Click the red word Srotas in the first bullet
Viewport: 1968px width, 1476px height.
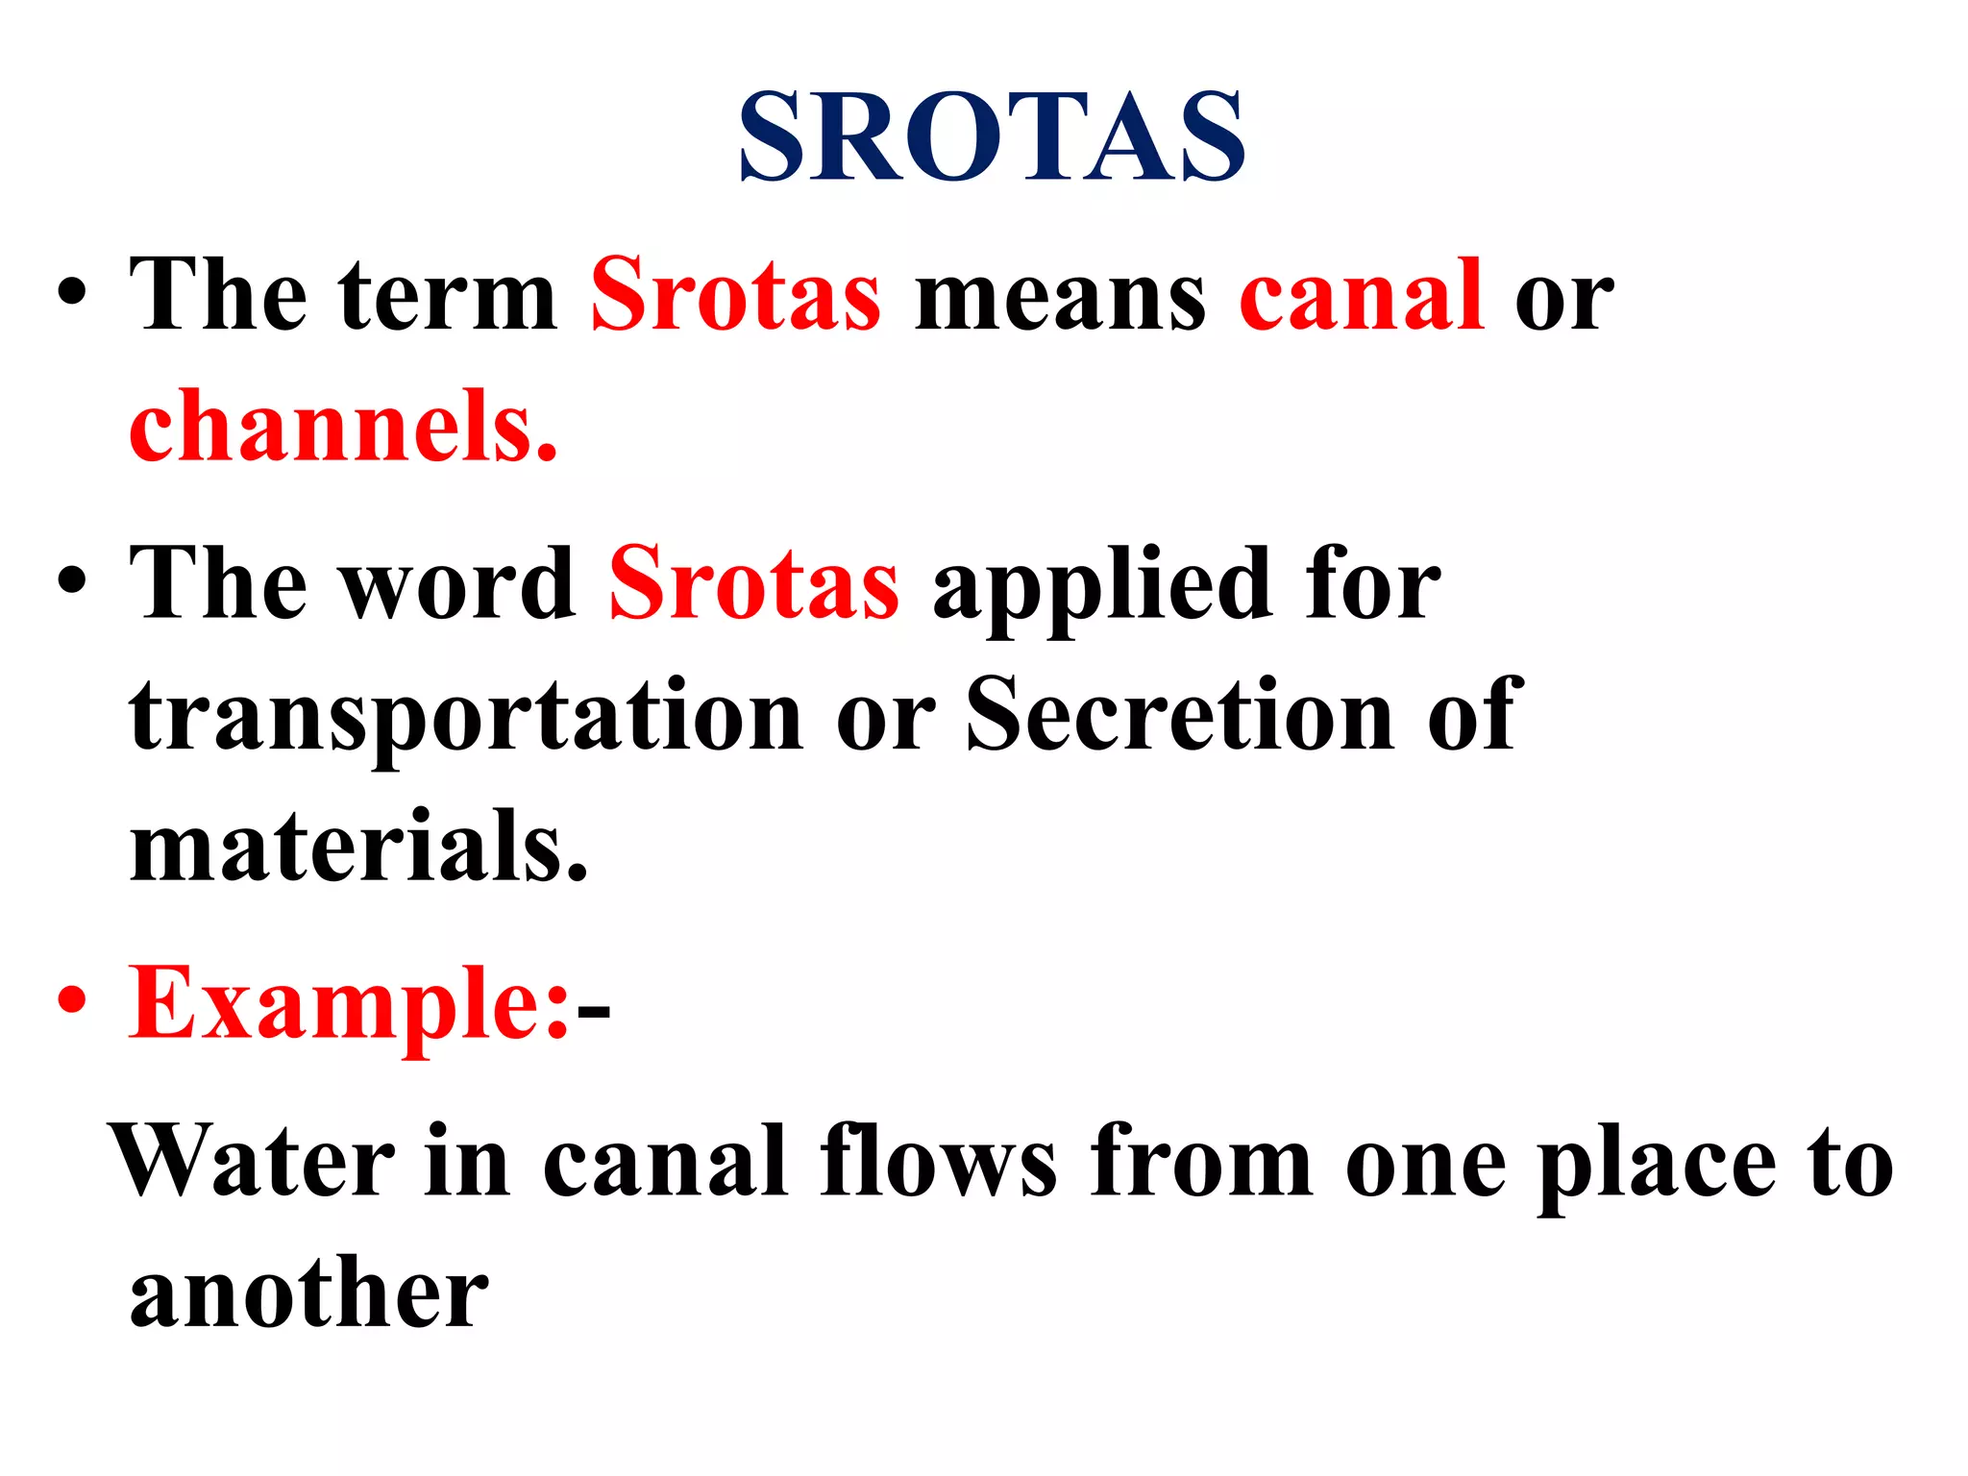tap(735, 295)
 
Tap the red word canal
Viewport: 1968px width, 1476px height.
tap(1362, 295)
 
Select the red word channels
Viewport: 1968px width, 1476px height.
tap(343, 427)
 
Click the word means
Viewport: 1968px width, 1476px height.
tap(1060, 297)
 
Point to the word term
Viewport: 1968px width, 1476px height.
tap(447, 297)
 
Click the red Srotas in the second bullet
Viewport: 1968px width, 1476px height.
tap(754, 583)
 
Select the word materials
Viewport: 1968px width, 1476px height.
tap(358, 846)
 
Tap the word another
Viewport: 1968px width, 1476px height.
tap(309, 1293)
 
